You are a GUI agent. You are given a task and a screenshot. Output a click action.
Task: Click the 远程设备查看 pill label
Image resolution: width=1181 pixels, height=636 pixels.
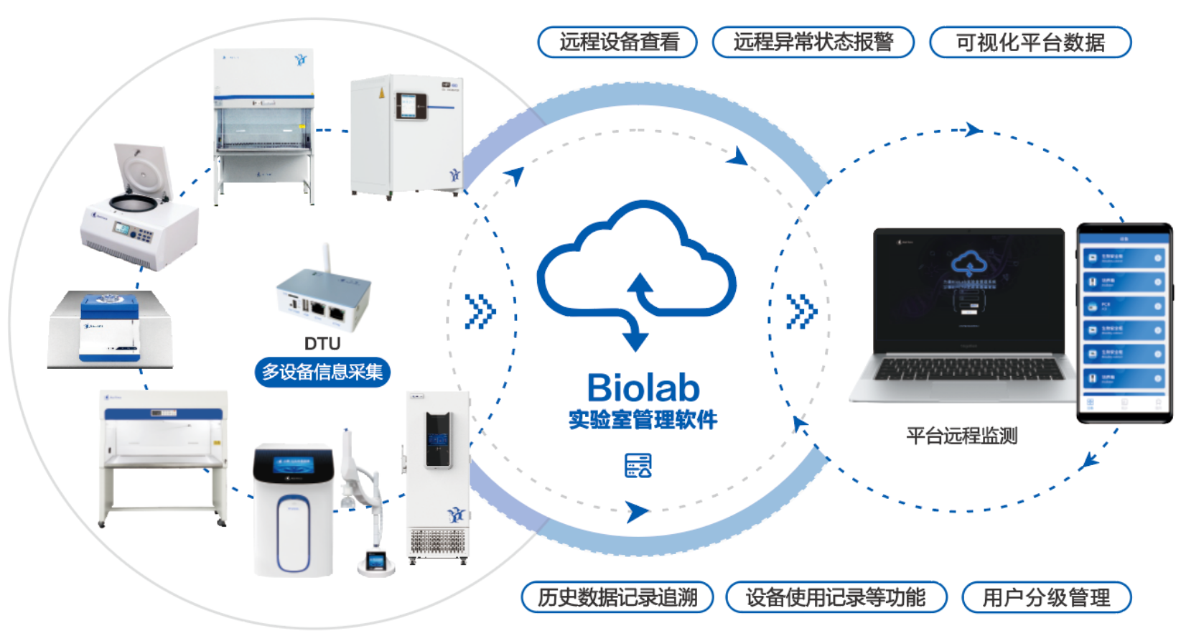[617, 42]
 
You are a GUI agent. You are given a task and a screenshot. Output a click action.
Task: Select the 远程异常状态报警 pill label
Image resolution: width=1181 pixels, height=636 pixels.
[813, 42]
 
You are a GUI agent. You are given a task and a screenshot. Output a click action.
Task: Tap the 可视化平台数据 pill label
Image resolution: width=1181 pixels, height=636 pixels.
[1030, 42]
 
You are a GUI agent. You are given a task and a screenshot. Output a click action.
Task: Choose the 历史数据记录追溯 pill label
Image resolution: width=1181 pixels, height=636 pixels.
[617, 597]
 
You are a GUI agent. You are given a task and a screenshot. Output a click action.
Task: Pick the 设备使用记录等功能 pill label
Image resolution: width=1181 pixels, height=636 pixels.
[836, 597]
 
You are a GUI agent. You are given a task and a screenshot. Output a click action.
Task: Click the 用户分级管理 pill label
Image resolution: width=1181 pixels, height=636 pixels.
[1046, 597]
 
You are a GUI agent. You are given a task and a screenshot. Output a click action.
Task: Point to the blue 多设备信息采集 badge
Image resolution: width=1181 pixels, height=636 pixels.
[322, 372]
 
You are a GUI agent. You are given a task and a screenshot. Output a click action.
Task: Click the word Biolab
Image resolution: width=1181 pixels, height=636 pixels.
[643, 388]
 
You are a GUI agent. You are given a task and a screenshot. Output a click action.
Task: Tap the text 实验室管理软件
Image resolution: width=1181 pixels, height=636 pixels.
[643, 420]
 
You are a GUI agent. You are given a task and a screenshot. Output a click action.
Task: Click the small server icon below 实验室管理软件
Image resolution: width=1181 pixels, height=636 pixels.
[638, 466]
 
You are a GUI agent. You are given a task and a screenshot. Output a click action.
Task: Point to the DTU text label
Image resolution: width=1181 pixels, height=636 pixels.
[322, 344]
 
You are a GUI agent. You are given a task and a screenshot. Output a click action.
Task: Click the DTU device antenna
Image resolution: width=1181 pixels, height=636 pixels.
[327, 258]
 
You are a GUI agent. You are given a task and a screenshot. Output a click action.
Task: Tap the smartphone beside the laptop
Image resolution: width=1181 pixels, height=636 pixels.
[1124, 323]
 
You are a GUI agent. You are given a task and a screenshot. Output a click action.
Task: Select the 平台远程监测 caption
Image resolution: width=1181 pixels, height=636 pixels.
[961, 436]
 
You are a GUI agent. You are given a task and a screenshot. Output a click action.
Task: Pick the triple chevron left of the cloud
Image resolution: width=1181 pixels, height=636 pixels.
[480, 312]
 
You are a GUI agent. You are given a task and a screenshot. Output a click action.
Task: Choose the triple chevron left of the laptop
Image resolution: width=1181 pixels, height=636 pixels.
[801, 312]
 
